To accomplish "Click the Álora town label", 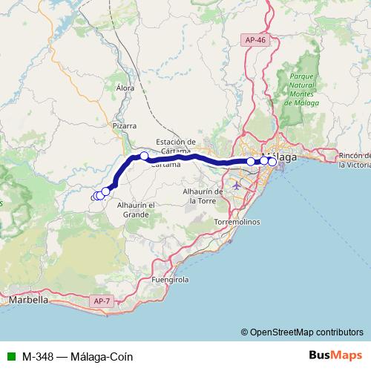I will coord(125,88).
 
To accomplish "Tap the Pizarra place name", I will coord(125,126).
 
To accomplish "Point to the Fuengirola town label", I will coord(171,280).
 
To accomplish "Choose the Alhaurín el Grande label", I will coord(136,209).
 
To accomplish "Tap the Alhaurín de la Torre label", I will coord(203,195).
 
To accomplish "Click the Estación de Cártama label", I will coord(176,146).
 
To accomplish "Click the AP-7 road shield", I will coord(102,301).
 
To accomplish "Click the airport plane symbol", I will coord(237,184).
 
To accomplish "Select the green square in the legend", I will coord(10,355).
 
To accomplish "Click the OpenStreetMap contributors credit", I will coord(306,332).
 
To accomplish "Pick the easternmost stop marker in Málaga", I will coord(272,161).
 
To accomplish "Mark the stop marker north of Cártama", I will coord(144,156).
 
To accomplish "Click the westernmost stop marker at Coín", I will coord(95,196).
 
